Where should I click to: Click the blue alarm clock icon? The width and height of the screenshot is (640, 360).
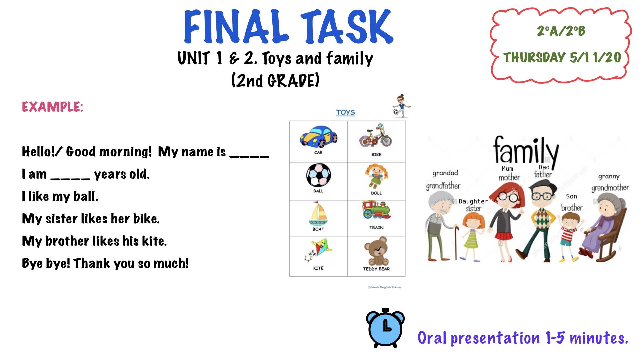[x=385, y=328]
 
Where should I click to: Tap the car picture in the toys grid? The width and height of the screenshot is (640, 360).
[x=319, y=137]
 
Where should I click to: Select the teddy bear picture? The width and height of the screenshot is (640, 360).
[x=377, y=251]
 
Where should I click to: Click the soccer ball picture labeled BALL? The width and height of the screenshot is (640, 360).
[x=319, y=175]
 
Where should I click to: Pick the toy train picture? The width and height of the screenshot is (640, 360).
[x=376, y=210]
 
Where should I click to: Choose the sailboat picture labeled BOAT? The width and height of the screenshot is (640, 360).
[x=318, y=213]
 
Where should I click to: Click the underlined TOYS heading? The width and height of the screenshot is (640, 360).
[x=345, y=112]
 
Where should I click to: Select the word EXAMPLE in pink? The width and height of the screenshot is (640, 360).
[x=52, y=107]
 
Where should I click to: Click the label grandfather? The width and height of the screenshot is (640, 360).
[x=443, y=186]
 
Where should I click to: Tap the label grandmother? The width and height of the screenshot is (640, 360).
[x=610, y=188]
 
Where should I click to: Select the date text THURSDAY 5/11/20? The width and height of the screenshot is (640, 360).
[x=562, y=57]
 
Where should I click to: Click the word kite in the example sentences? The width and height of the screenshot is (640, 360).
[x=154, y=241]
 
